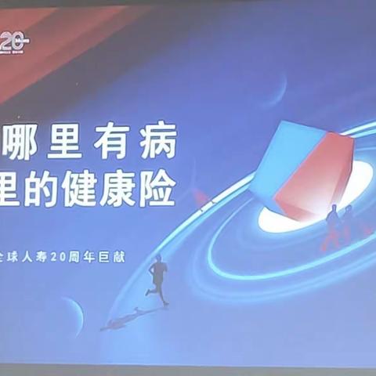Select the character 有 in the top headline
pyautogui.click(x=116, y=143)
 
